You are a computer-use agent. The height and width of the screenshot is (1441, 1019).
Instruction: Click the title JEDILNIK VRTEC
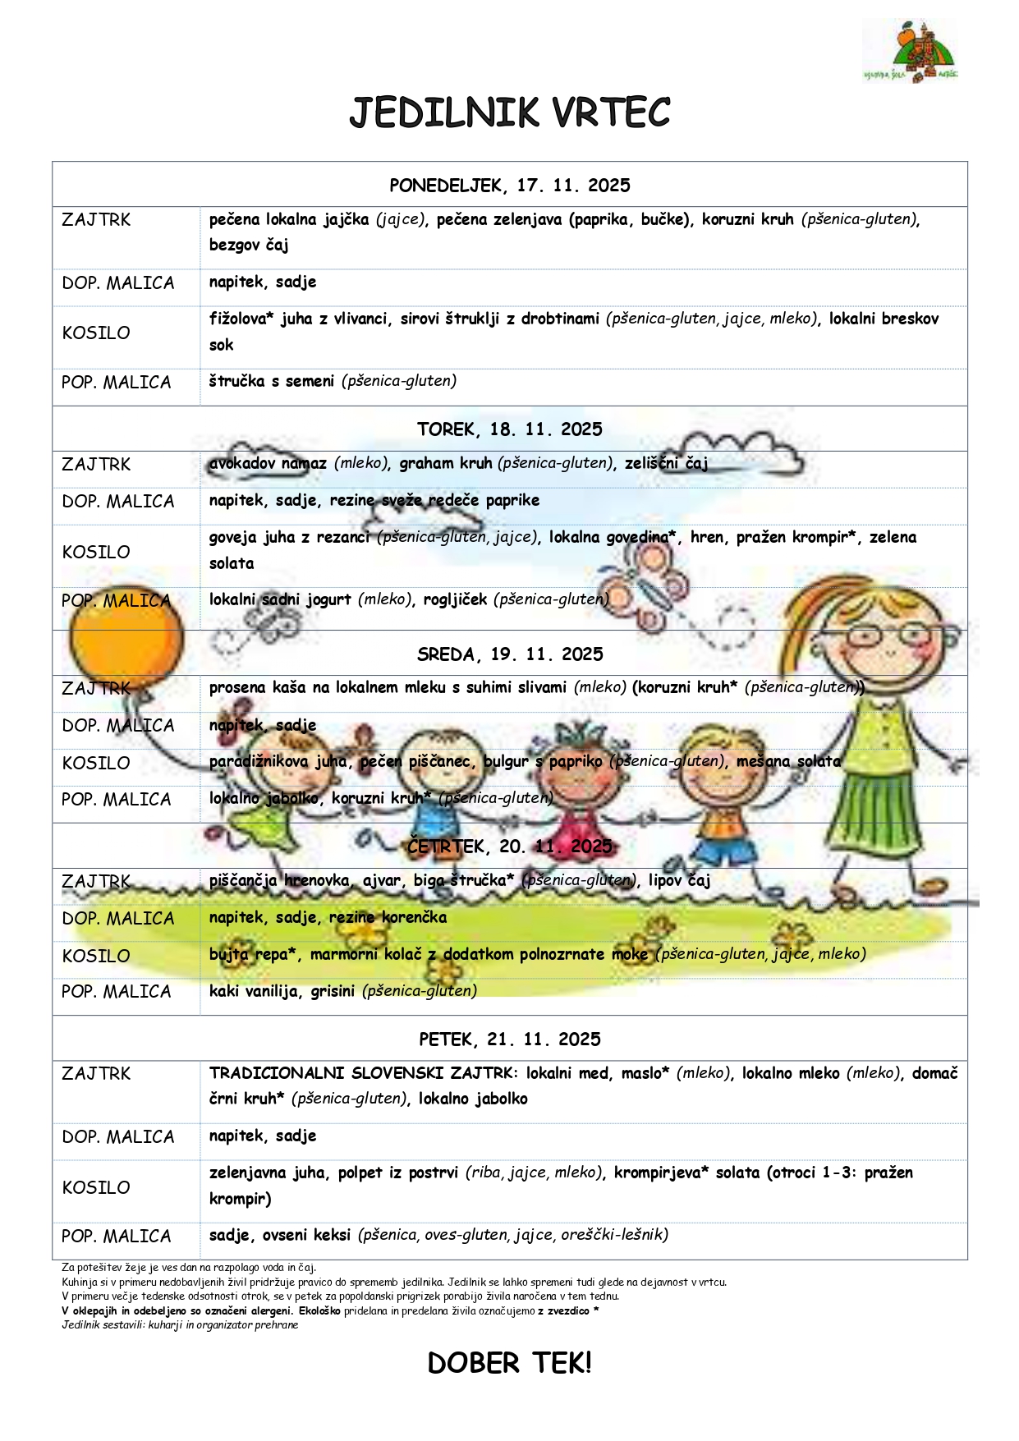[509, 113]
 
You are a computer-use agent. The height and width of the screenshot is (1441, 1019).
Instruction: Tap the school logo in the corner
[910, 52]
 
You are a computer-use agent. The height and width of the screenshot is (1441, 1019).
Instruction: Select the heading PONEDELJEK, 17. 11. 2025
[509, 186]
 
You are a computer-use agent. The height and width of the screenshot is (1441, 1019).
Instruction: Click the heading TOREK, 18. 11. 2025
[509, 429]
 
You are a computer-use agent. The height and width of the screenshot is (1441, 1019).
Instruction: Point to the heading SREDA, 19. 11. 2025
[509, 654]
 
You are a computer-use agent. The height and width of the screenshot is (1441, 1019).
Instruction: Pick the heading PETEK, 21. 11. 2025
[509, 1039]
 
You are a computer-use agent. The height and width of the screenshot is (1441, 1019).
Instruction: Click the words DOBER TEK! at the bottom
[509, 1364]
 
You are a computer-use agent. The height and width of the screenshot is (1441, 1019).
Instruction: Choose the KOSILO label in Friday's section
[96, 1187]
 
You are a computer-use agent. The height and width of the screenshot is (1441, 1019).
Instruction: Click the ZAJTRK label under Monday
[96, 220]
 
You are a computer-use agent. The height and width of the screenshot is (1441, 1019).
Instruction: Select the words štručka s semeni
[271, 381]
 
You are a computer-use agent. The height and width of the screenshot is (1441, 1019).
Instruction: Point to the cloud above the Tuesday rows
[755, 451]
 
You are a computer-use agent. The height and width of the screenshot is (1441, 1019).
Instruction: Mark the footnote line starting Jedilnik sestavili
[180, 1324]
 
